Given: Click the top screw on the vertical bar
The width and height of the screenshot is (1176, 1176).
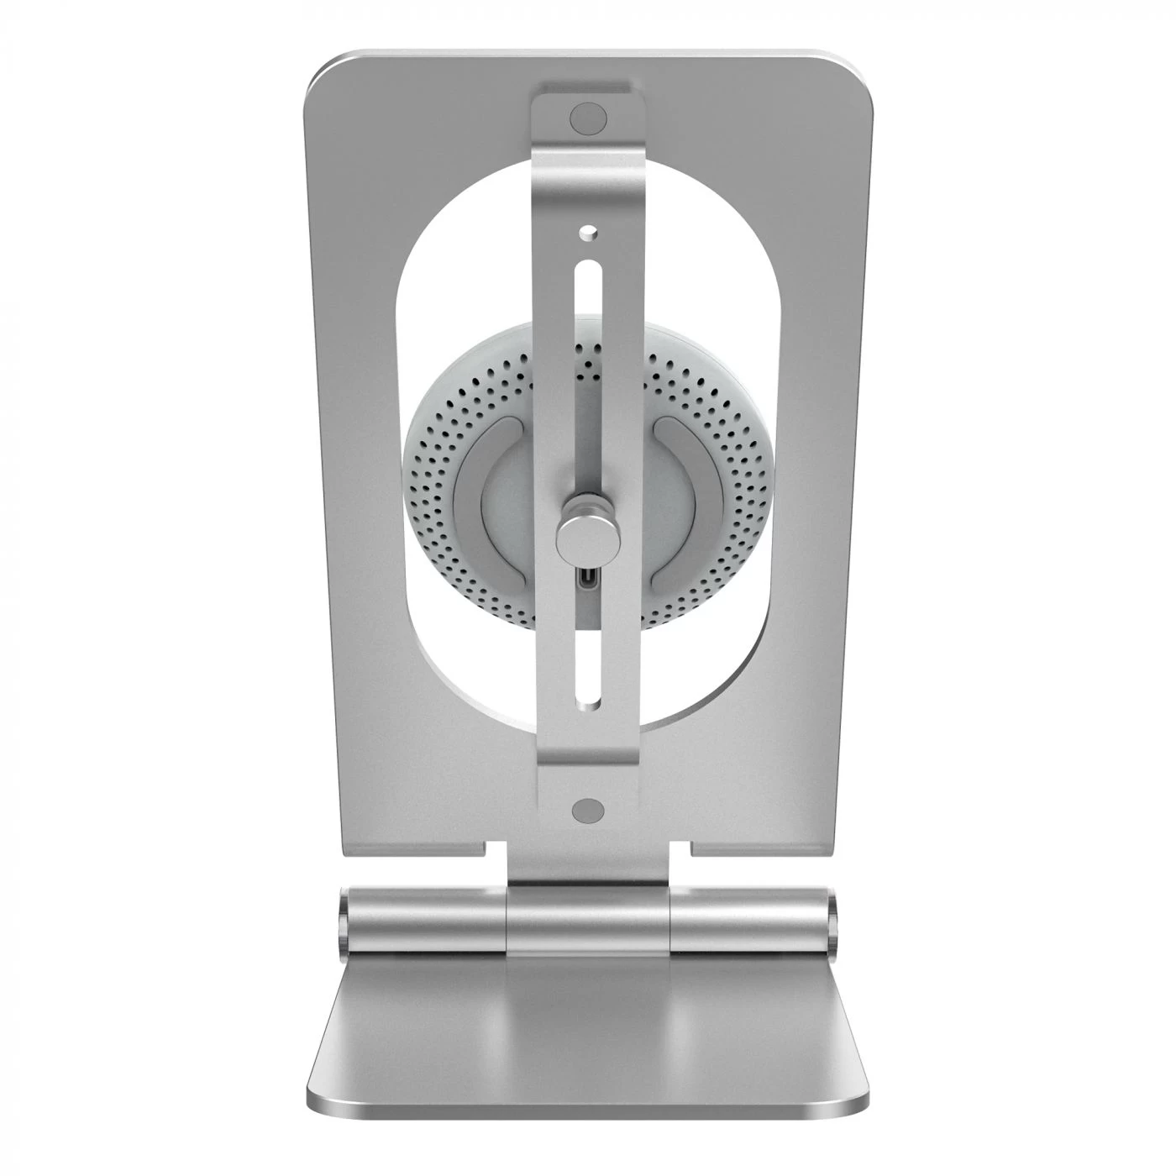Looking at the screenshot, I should coord(588,116).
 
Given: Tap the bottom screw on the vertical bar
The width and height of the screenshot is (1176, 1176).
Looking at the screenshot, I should coord(588,809).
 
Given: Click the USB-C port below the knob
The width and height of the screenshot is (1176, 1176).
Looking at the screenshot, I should coord(588,580).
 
